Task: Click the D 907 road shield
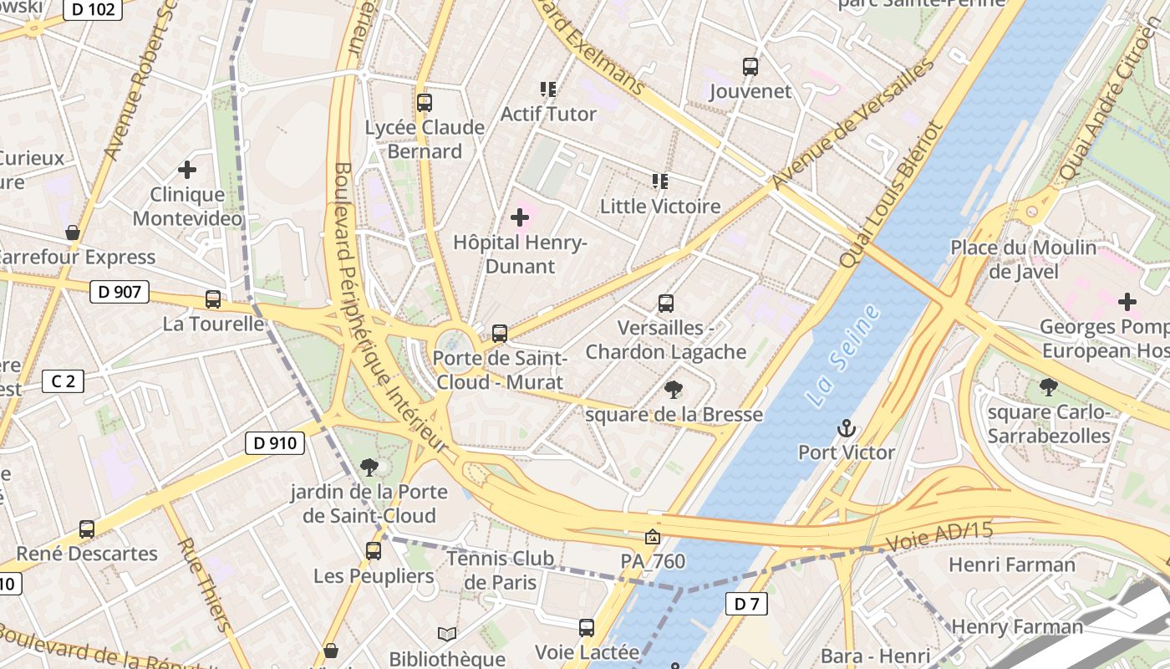(119, 292)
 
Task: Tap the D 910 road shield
(274, 443)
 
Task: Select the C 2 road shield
(63, 382)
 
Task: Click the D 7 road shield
(745, 604)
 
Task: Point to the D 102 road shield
(93, 9)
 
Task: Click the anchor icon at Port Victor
(847, 429)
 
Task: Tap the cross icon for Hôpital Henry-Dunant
(520, 218)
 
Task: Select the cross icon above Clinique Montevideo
(187, 170)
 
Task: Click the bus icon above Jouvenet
(750, 67)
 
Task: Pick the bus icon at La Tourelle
(213, 299)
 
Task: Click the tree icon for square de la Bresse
(673, 389)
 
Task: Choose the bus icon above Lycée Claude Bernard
(425, 103)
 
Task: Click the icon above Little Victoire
(660, 181)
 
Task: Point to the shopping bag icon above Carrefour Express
(73, 232)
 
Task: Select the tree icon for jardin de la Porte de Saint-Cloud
(369, 467)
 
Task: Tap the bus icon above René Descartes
(87, 529)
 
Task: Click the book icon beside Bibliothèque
(447, 635)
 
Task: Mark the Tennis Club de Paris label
(500, 569)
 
